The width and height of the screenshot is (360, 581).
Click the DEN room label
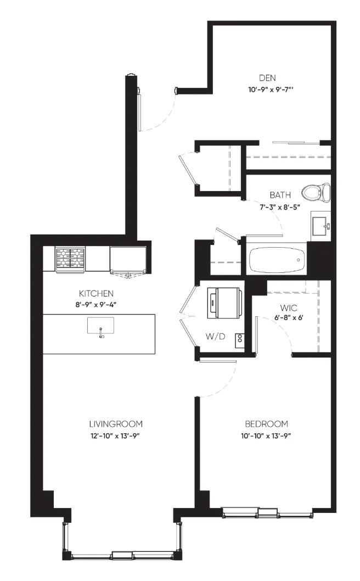coord(267,78)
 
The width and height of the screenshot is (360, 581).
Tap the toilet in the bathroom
coord(316,192)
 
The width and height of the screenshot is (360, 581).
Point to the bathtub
coord(277,259)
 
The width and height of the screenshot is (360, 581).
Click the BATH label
coord(280,195)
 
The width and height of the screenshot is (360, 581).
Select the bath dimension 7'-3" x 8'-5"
coord(280,207)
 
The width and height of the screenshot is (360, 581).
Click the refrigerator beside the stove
coord(128,260)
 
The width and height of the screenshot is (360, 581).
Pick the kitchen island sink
coord(100,326)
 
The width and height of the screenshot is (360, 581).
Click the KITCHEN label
coord(96,293)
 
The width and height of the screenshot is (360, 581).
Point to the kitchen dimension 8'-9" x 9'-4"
coord(96,305)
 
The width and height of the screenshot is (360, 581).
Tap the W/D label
coord(216,337)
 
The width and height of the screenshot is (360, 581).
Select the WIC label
coord(288,308)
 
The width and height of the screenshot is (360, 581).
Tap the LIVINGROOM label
coord(116,424)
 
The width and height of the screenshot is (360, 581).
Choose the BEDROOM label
coord(267,424)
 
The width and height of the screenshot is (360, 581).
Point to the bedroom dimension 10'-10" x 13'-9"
coord(266,436)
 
